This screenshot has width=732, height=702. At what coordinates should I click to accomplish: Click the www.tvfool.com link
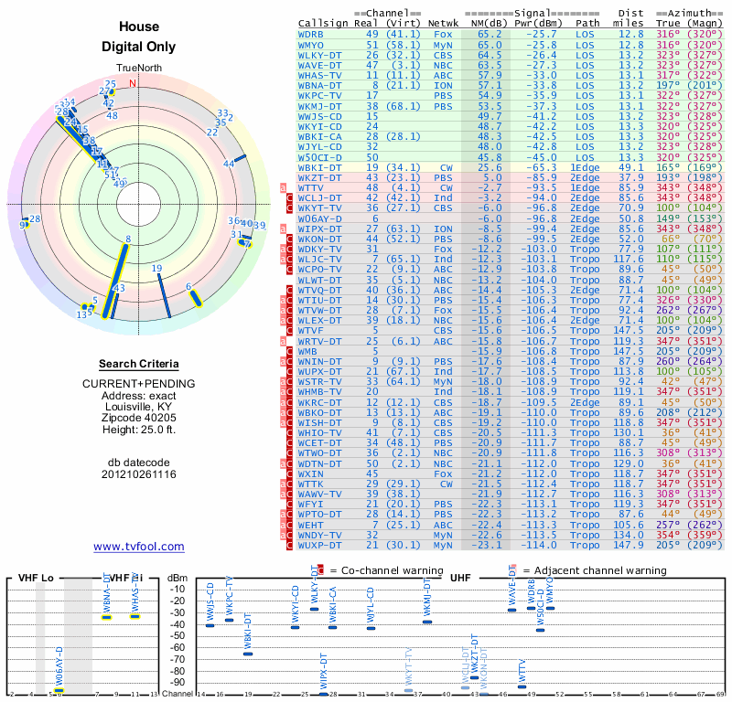(139, 547)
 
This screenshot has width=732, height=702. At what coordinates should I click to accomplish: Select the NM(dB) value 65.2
(490, 34)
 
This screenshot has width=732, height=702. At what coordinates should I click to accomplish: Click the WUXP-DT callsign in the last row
(319, 546)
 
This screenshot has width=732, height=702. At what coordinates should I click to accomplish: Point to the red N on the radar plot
(133, 83)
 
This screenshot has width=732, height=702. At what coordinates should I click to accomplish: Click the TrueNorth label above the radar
(138, 69)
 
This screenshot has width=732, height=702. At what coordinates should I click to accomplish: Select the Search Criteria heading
(139, 364)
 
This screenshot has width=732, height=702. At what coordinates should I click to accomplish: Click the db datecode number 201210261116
(139, 474)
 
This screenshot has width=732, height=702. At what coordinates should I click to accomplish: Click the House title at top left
(139, 27)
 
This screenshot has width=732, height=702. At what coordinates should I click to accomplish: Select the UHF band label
(460, 579)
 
